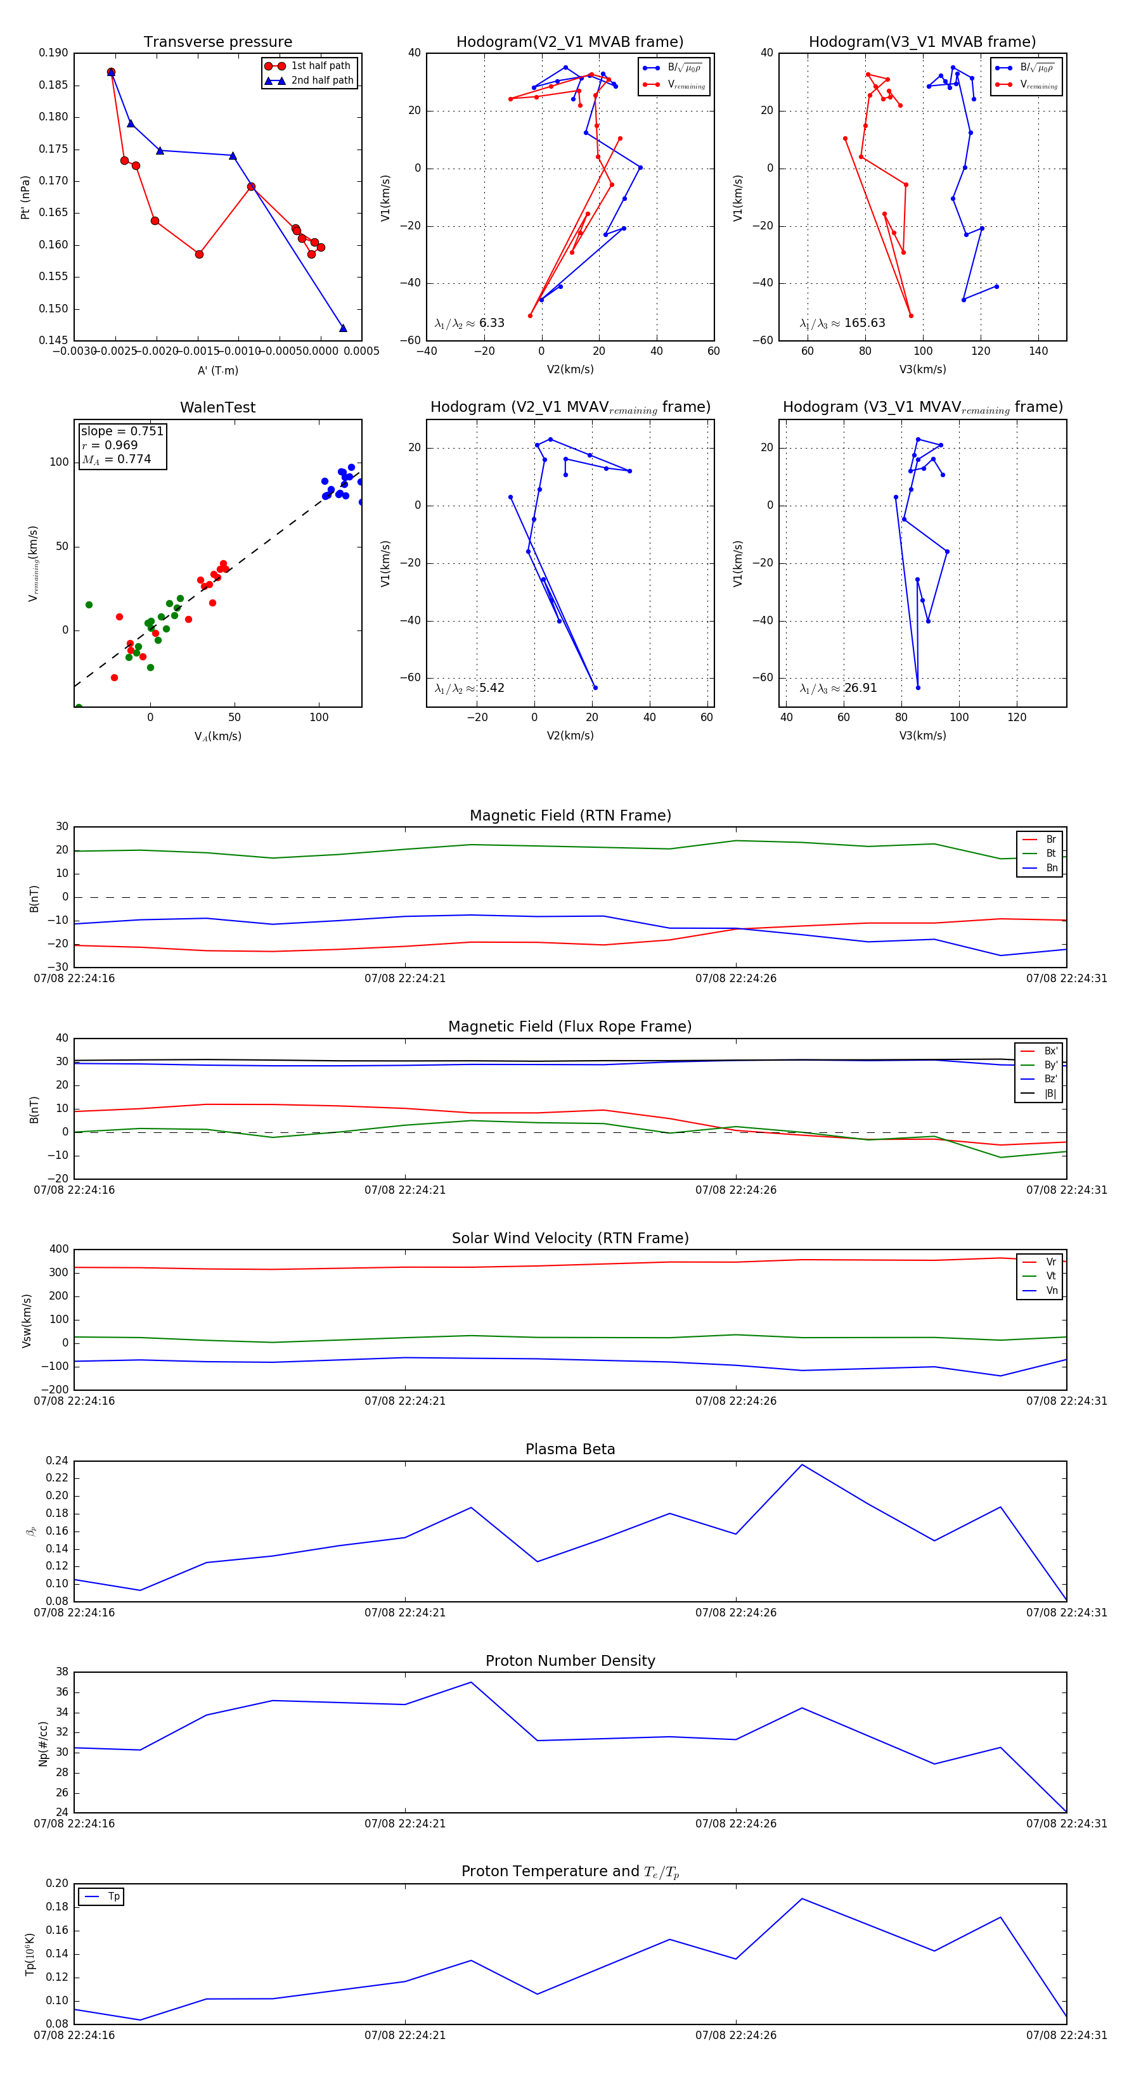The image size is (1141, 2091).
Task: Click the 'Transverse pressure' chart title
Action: [217, 42]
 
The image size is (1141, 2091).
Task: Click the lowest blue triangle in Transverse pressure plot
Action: [343, 328]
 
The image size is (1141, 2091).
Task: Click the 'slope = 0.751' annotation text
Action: [122, 431]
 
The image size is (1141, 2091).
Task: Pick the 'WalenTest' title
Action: [217, 407]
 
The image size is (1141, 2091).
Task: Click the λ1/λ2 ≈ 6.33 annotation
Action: [469, 323]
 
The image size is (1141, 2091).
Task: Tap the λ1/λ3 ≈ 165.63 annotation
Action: [842, 323]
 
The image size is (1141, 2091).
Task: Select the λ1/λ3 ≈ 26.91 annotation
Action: [838, 688]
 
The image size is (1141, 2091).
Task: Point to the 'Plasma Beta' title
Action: [570, 1450]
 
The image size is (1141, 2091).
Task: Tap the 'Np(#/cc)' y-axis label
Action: [43, 1744]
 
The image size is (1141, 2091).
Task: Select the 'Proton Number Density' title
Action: [570, 1661]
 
